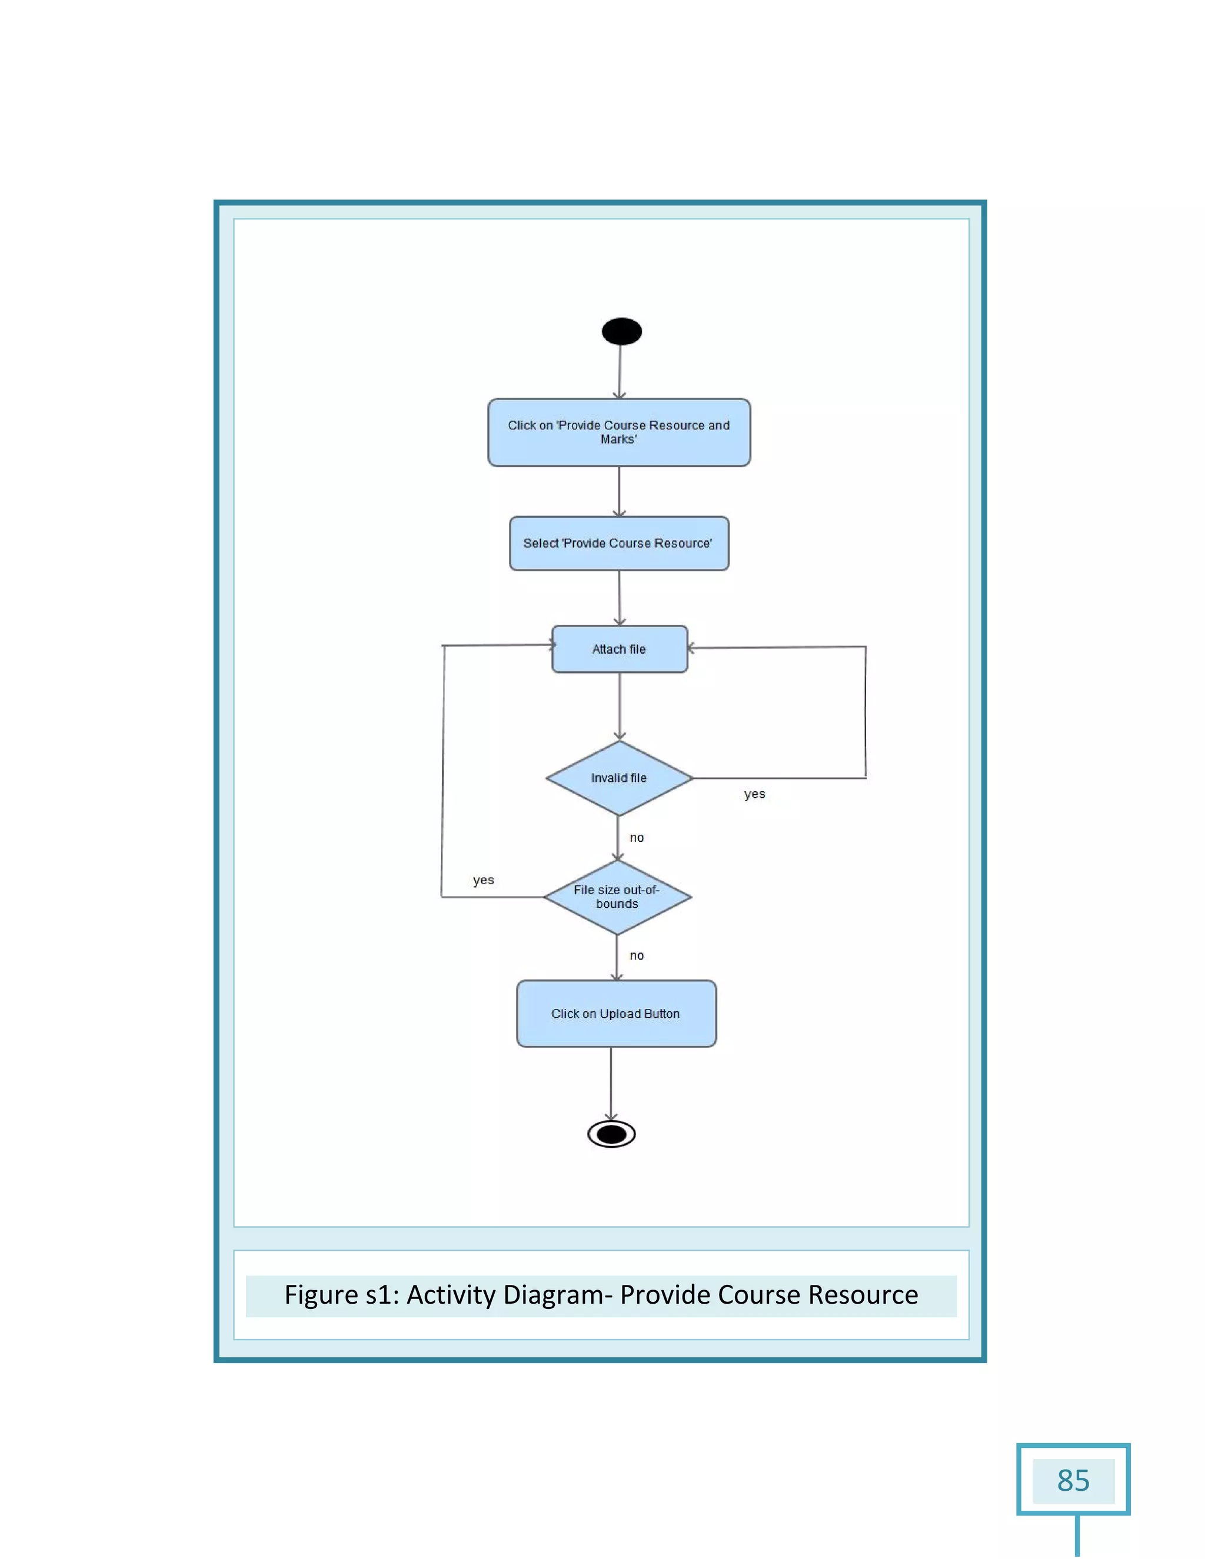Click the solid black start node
pos(621,331)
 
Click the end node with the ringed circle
pos(611,1134)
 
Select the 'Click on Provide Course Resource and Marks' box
pos(619,432)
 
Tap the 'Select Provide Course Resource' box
pos(619,543)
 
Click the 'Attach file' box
pos(619,649)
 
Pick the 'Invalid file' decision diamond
pos(619,778)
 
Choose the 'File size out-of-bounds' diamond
pos(617,897)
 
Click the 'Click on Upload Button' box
pos(616,1014)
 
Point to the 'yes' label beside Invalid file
pos(754,794)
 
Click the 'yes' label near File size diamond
pos(483,880)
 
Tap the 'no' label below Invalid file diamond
pos(637,838)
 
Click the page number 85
pos(1073,1481)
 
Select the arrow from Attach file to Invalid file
pos(620,705)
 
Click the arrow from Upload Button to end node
pos(611,1084)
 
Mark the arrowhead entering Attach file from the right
pos(691,648)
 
